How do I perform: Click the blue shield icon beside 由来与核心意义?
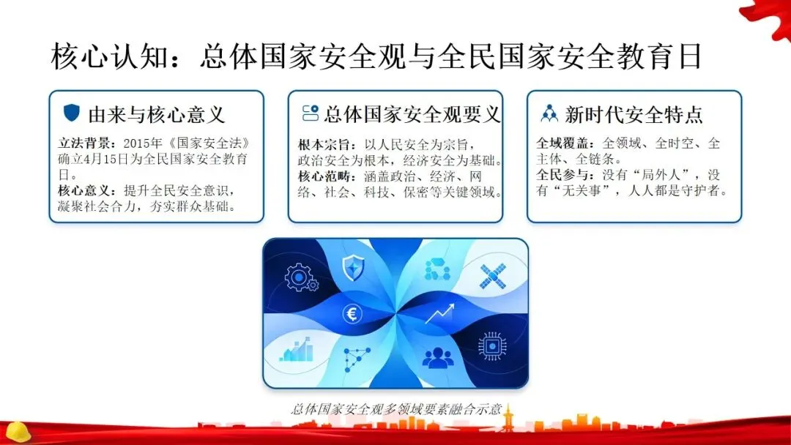(x=72, y=113)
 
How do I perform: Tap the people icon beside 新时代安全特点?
(x=549, y=114)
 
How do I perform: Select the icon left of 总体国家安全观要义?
(x=311, y=113)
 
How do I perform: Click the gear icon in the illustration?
(x=301, y=277)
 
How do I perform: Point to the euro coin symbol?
(x=352, y=315)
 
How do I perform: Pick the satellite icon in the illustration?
(x=493, y=276)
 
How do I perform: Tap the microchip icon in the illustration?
(x=492, y=346)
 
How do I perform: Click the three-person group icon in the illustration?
(x=437, y=358)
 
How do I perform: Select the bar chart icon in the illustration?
(x=296, y=350)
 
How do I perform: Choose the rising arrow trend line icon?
(x=439, y=313)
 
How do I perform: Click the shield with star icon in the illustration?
(x=353, y=268)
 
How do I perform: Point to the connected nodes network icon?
(x=357, y=359)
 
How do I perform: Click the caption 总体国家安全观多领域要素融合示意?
(x=396, y=408)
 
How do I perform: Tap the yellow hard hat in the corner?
(x=18, y=432)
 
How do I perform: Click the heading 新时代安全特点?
(x=634, y=115)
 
